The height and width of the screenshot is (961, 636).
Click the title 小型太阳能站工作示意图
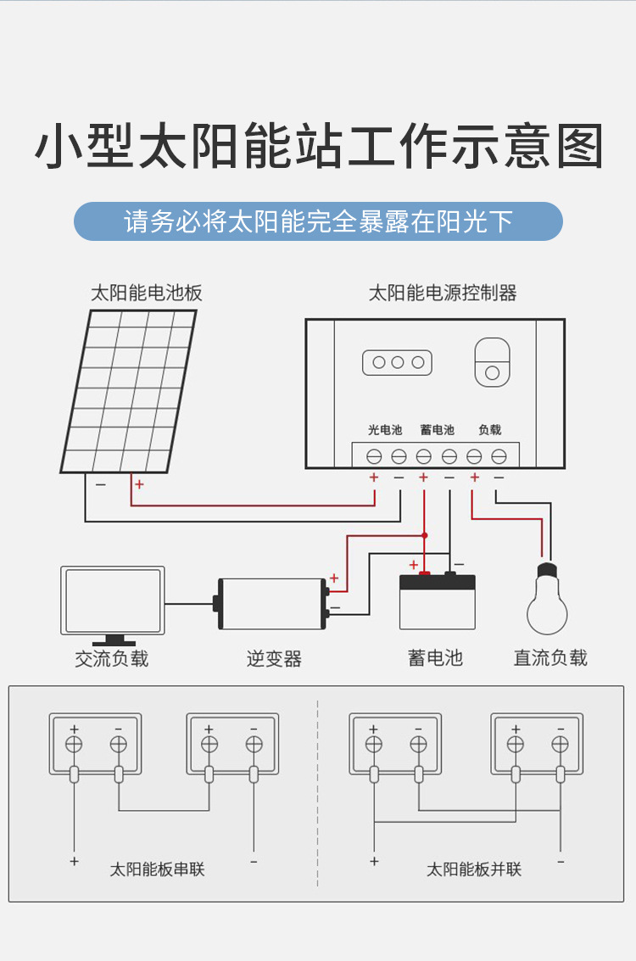coord(318,146)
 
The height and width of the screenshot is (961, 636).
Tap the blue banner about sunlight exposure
coord(318,221)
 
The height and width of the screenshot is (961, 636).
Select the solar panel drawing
coord(129,390)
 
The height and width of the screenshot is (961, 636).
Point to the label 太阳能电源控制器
coord(442,293)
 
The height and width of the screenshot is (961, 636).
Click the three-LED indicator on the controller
coord(398,362)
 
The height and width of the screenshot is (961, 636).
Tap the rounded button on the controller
coord(492,362)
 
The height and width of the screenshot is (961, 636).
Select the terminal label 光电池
coord(385,430)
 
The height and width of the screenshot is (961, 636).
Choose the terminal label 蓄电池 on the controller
coord(437,430)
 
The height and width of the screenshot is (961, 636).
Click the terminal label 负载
coord(489,430)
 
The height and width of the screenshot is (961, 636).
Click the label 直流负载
coord(550,657)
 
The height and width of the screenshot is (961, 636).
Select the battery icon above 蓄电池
coord(437,601)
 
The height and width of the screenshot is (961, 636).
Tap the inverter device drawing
coord(271,603)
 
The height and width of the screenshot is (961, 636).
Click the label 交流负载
coord(111,658)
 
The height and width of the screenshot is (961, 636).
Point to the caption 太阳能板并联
coord(473,869)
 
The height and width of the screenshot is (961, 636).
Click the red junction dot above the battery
coord(425,535)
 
